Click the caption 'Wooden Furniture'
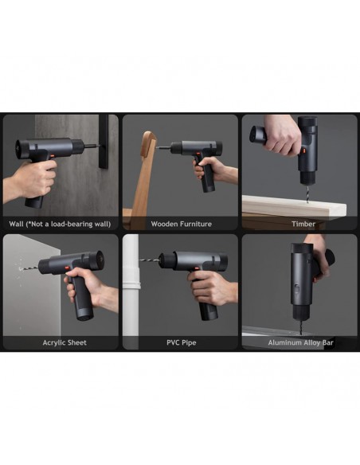point(181,224)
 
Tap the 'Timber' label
point(303,224)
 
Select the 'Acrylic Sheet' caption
point(65,342)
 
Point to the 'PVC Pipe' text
point(181,342)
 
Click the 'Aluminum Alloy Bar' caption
point(301,342)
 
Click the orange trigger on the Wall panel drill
point(52,156)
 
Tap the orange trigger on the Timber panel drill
point(303,151)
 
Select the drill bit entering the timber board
point(307,193)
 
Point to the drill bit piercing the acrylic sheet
point(29,268)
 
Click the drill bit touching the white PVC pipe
point(149,260)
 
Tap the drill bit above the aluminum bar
point(301,326)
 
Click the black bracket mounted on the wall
point(104,142)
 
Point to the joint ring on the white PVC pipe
point(131,286)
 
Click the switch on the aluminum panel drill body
point(296,289)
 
